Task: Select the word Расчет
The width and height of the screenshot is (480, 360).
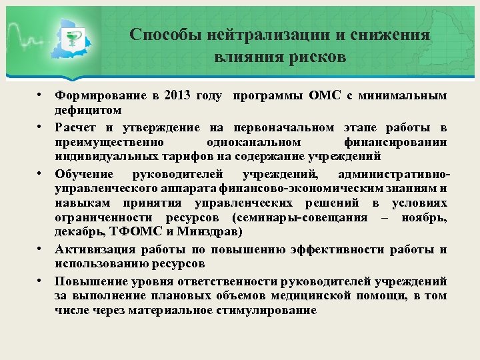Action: [77, 127]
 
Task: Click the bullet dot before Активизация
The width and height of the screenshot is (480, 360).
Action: [41, 249]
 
